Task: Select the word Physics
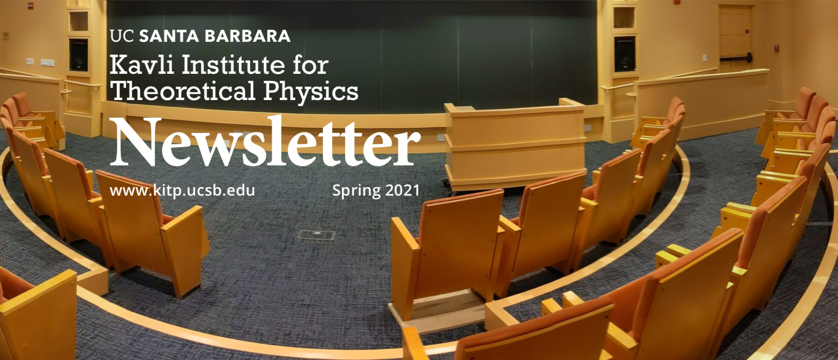coord(311,92)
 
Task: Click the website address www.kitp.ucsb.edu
coord(182,191)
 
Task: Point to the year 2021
coord(402,190)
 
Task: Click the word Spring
coord(356,191)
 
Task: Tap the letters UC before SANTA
coord(122,36)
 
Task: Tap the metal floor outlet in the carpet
coord(316,235)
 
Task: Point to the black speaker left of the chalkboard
coord(79,55)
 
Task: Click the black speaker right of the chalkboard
coord(624,54)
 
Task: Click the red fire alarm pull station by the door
coord(777,48)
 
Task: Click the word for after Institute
coord(310,65)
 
